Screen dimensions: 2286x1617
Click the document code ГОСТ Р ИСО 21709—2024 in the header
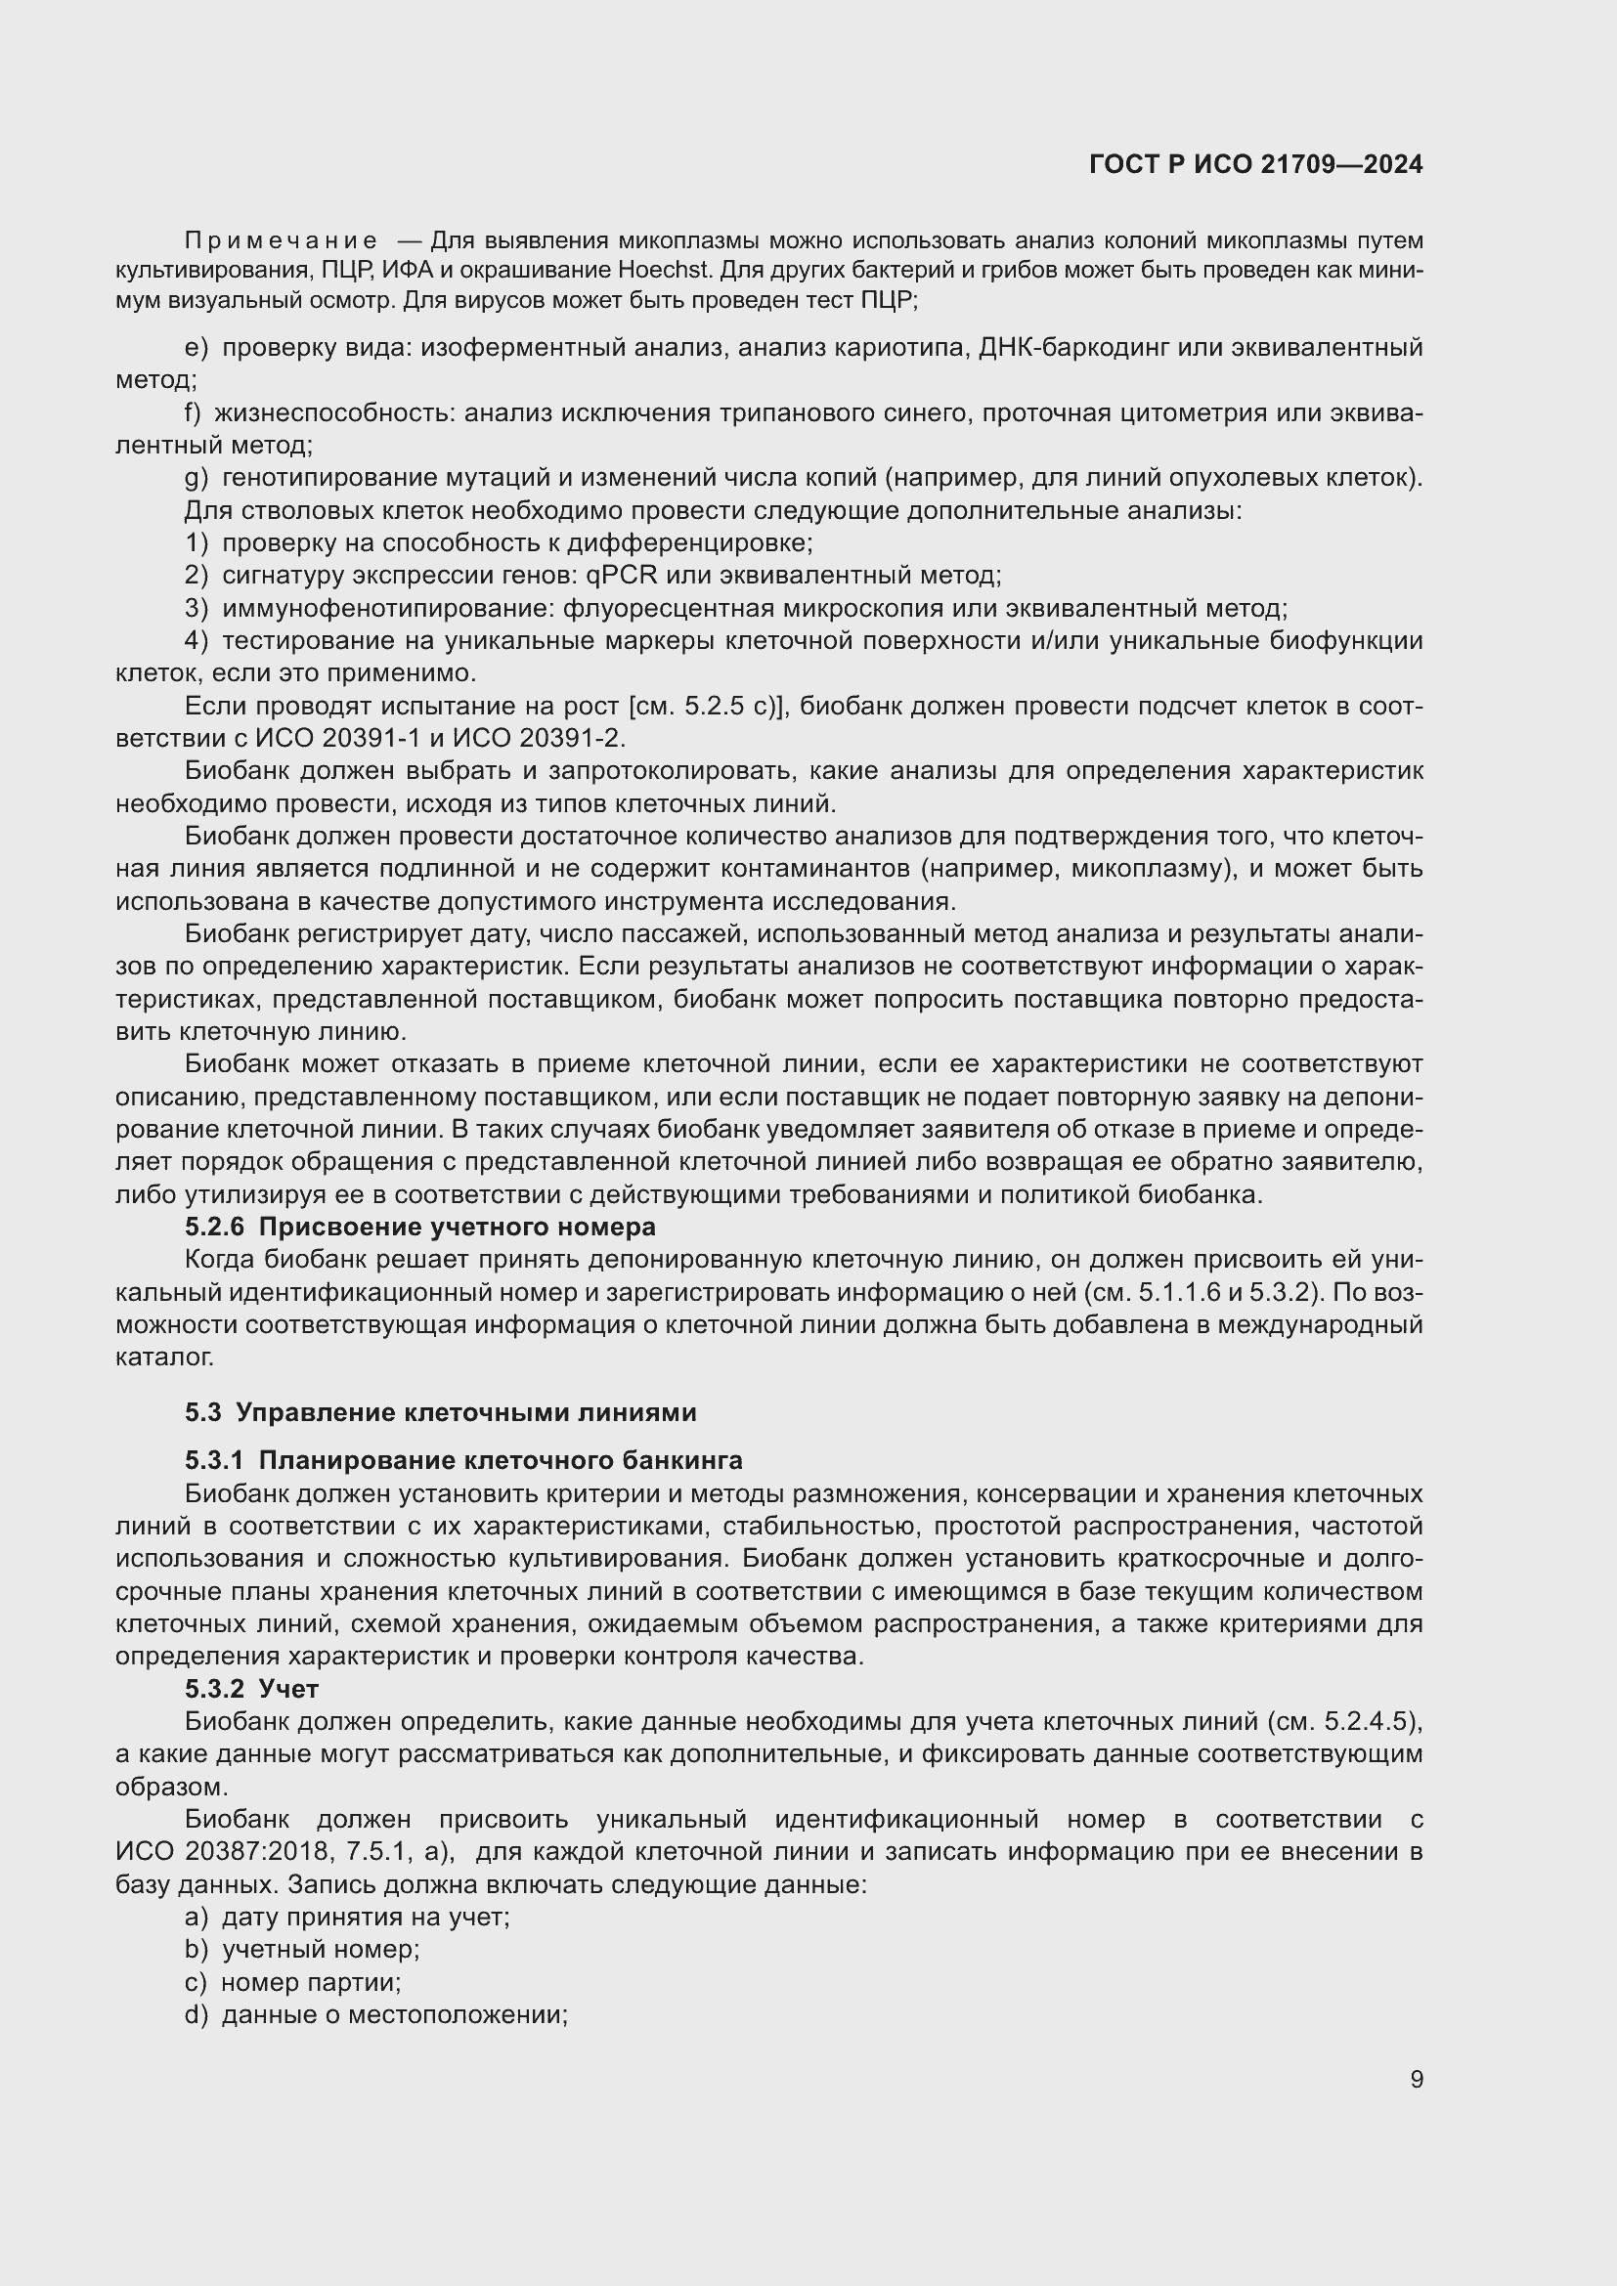click(x=1255, y=164)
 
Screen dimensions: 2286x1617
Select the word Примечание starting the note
click(x=281, y=240)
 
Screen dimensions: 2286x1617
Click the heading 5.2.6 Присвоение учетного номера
click(x=419, y=1227)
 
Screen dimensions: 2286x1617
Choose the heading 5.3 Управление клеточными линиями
click(x=440, y=1412)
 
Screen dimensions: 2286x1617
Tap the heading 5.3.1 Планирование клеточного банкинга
click(x=463, y=1460)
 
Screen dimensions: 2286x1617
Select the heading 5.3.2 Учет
click(x=251, y=1689)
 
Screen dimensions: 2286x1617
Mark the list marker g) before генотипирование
click(x=196, y=478)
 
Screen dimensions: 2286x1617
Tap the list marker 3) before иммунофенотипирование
click(x=196, y=608)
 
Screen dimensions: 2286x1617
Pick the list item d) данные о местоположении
click(x=376, y=2015)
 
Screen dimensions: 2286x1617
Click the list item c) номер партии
click(x=292, y=1982)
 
